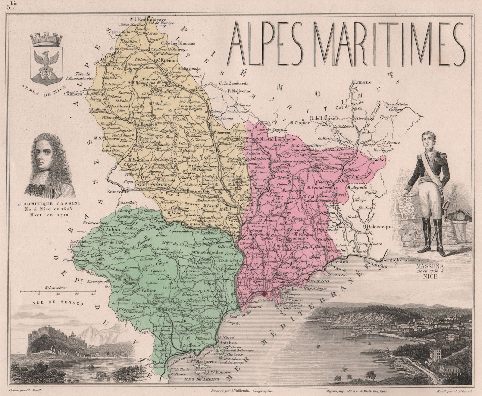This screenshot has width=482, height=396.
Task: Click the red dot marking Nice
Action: (x=264, y=294)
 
